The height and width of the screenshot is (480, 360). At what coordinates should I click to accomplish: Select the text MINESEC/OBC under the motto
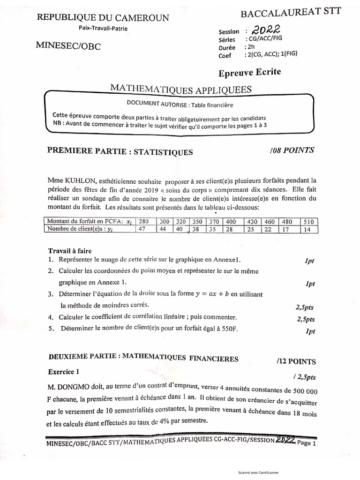pos(68,46)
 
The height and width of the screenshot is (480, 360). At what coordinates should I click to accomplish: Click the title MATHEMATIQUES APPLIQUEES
pos(181,89)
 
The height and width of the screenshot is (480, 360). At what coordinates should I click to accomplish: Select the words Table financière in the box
pos(211,105)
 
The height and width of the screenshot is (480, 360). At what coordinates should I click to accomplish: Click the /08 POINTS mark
pos(292,150)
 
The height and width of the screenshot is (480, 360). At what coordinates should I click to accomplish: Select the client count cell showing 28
pos(230,229)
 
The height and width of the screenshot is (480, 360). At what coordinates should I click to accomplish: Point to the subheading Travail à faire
pos(70,251)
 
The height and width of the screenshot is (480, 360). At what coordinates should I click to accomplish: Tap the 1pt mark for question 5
pos(310,331)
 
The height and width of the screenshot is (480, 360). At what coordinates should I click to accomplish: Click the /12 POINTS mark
pos(296,361)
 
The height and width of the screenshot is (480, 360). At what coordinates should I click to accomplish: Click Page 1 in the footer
pos(307,443)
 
